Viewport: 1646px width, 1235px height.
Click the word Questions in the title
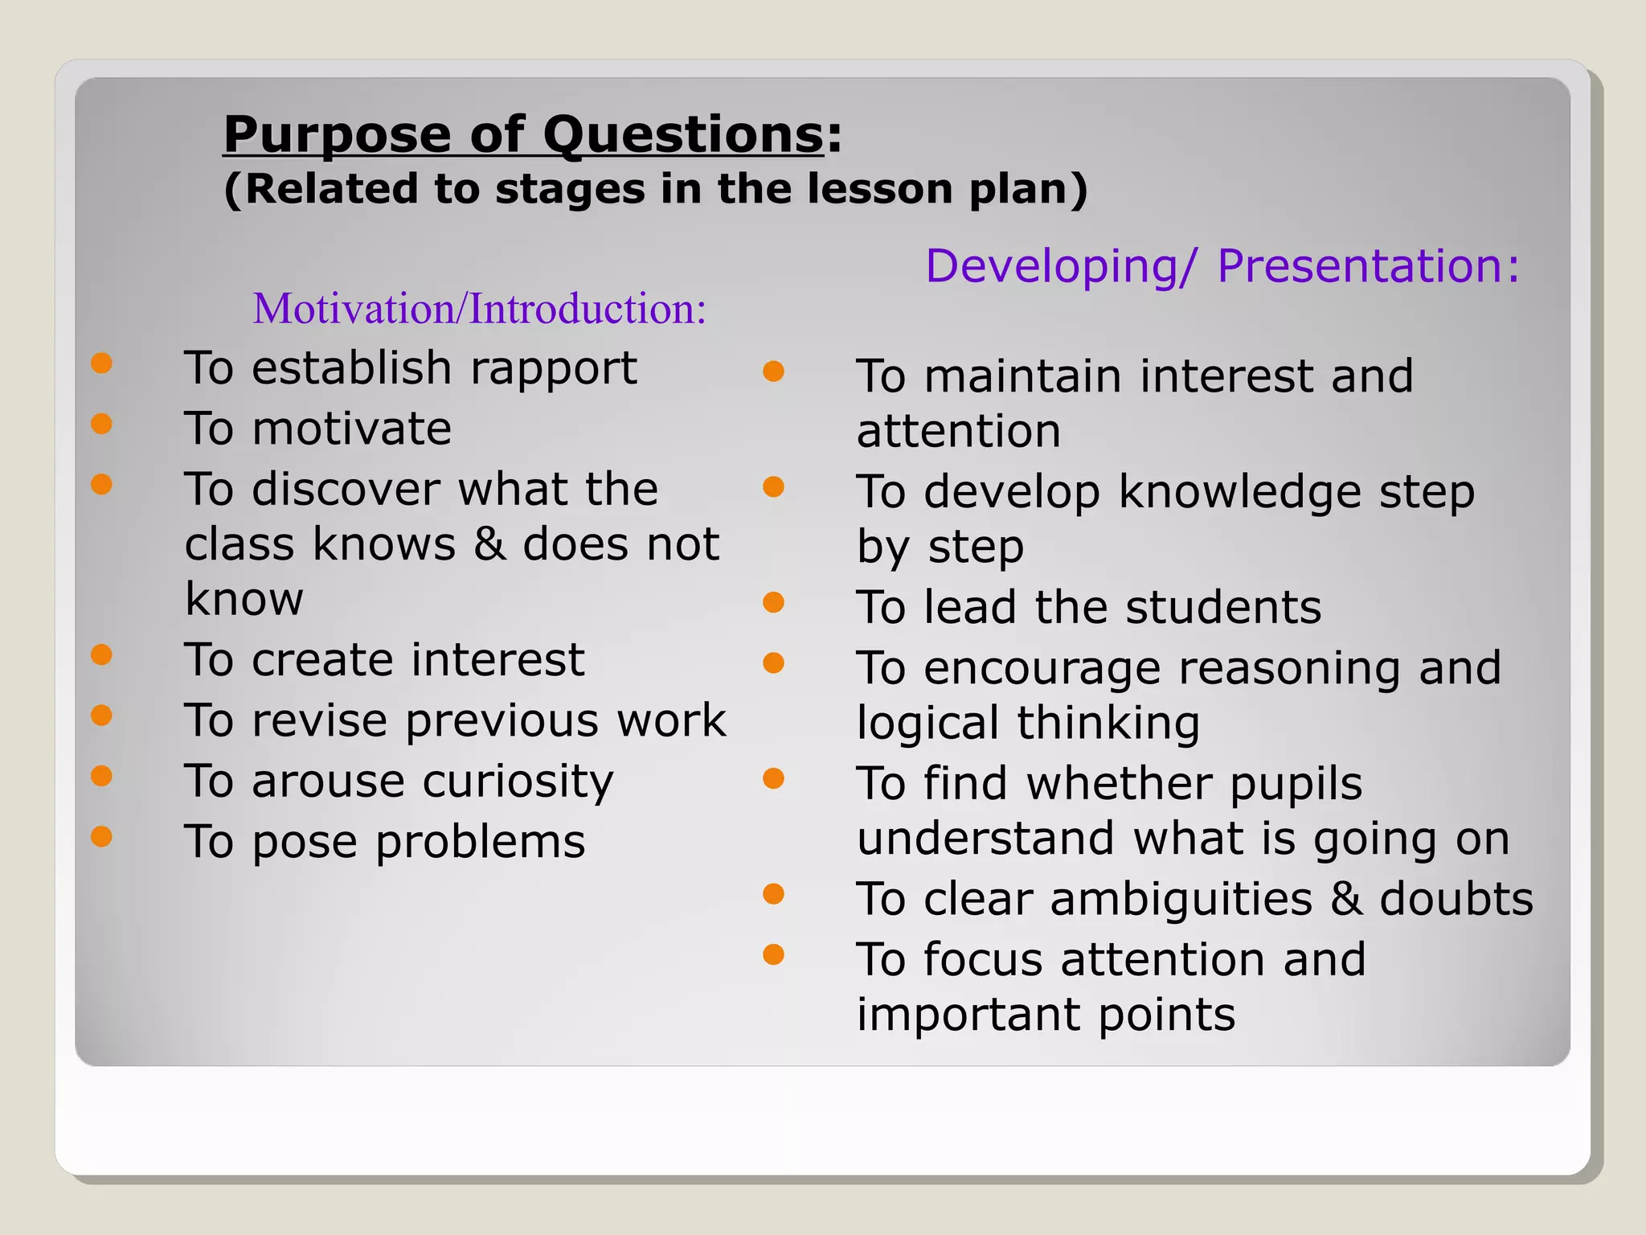click(x=683, y=134)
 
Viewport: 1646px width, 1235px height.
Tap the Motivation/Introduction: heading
click(x=480, y=309)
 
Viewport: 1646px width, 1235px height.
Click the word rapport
click(x=553, y=369)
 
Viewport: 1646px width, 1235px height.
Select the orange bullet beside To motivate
click(x=101, y=424)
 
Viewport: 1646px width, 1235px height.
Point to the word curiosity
click(x=518, y=782)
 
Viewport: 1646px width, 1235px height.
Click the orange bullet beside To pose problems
click(x=101, y=836)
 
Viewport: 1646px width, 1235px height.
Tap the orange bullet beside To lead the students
click(x=773, y=602)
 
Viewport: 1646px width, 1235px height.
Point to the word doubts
click(x=1456, y=899)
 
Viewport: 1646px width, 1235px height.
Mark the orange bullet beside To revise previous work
click(x=101, y=715)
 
